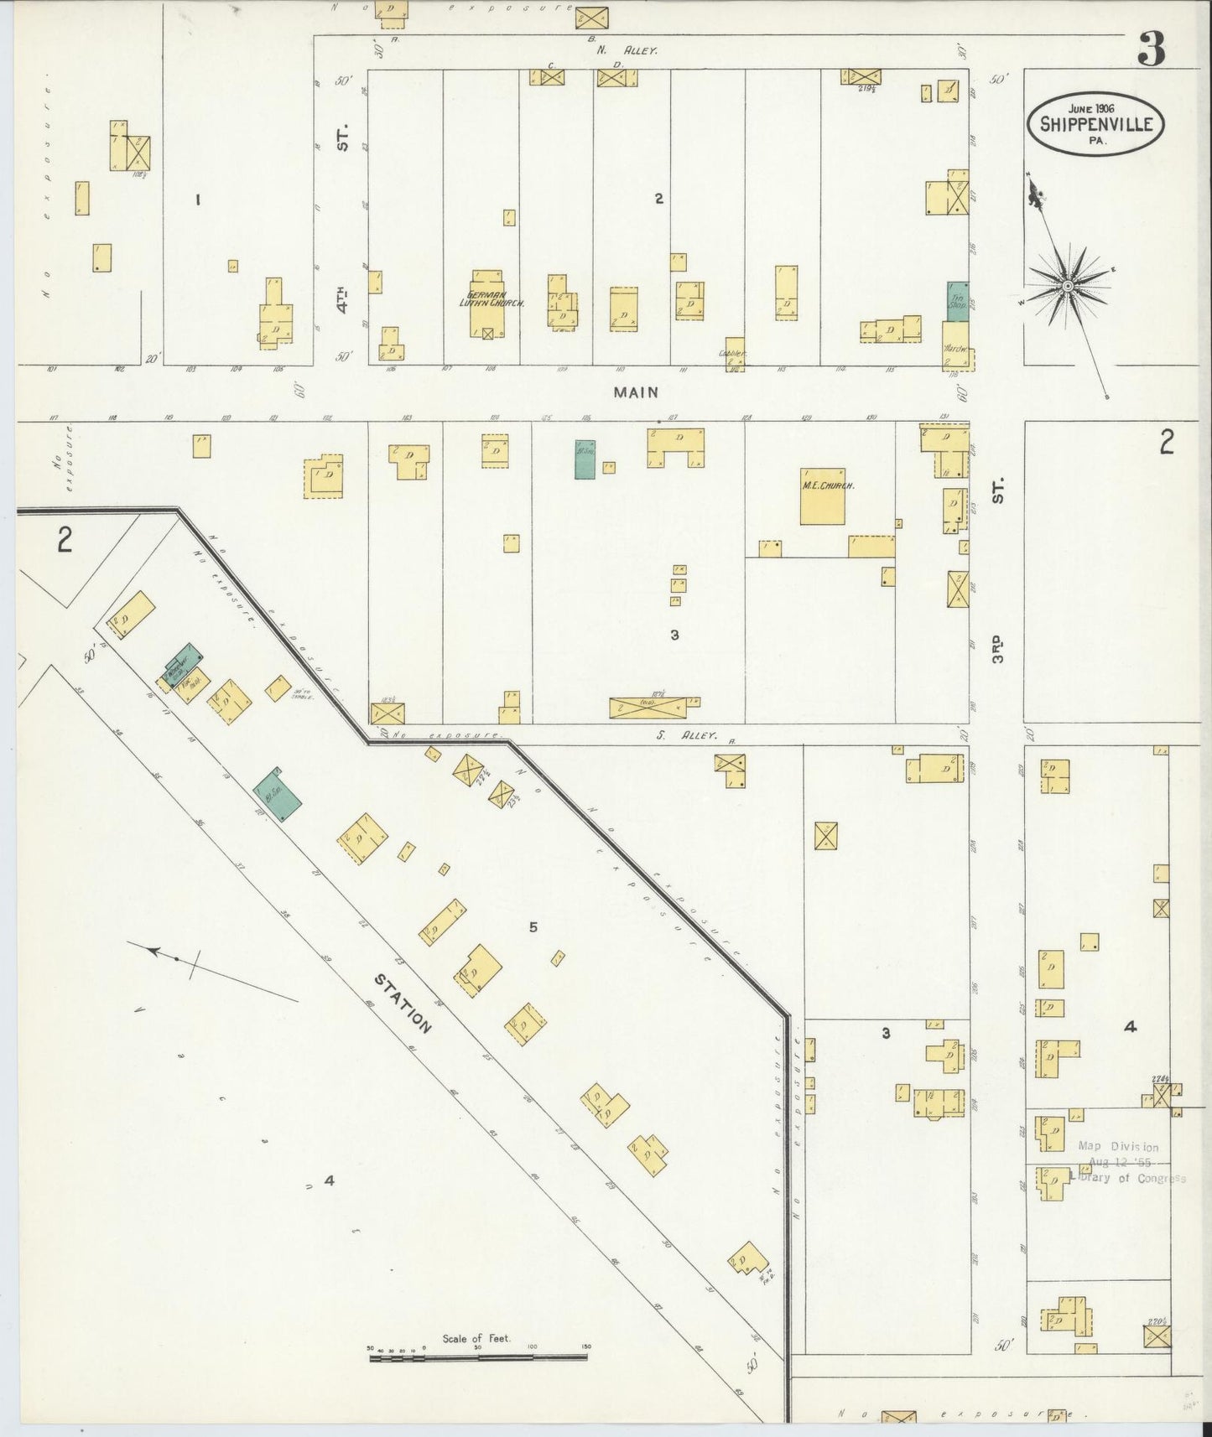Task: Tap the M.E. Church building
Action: coord(822,497)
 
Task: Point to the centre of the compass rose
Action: coord(1067,287)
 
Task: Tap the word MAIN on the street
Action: coord(635,392)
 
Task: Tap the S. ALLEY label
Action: coord(697,735)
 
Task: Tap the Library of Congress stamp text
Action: coord(1128,1178)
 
